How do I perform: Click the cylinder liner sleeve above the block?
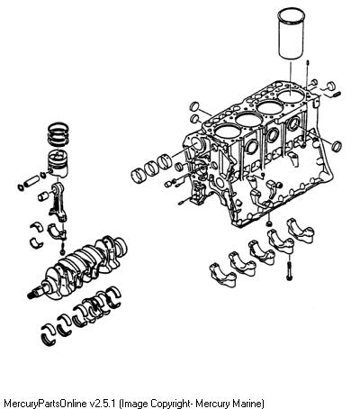pos(292,33)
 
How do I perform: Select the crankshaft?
pos(79,268)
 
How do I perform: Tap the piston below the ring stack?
pos(58,162)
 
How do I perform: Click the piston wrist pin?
pos(31,181)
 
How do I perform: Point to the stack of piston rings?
pos(58,134)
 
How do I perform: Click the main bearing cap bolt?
pos(289,271)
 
